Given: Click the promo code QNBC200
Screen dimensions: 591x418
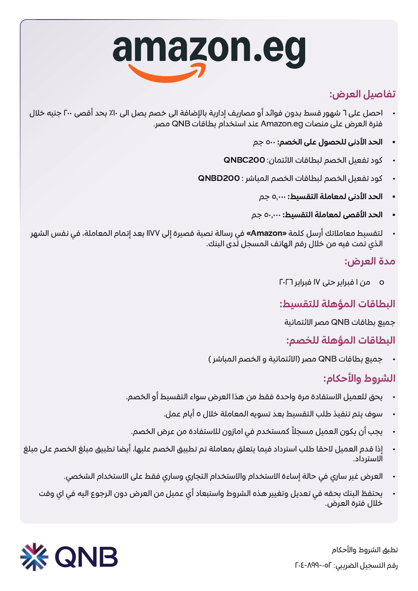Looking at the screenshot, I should pos(244,160).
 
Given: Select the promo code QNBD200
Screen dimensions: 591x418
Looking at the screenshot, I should pos(219,178).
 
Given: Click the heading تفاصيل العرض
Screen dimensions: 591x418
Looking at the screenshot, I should pos(362,94).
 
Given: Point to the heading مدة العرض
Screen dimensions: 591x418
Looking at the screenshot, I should pos(370,261).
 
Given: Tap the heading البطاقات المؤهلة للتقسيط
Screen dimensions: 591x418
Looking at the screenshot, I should pos(337,304).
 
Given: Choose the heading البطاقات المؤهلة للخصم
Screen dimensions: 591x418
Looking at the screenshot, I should pos(341,340).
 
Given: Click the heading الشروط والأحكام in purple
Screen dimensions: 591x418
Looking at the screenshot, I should pos(359,378).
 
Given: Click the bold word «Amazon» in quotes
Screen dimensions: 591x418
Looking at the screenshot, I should pos(266,233).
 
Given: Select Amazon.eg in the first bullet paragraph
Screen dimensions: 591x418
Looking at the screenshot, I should pos(282,124).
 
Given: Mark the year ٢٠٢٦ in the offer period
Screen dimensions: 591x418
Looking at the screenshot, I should pos(286,282).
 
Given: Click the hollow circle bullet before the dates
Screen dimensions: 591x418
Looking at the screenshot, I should pos(382,282).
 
